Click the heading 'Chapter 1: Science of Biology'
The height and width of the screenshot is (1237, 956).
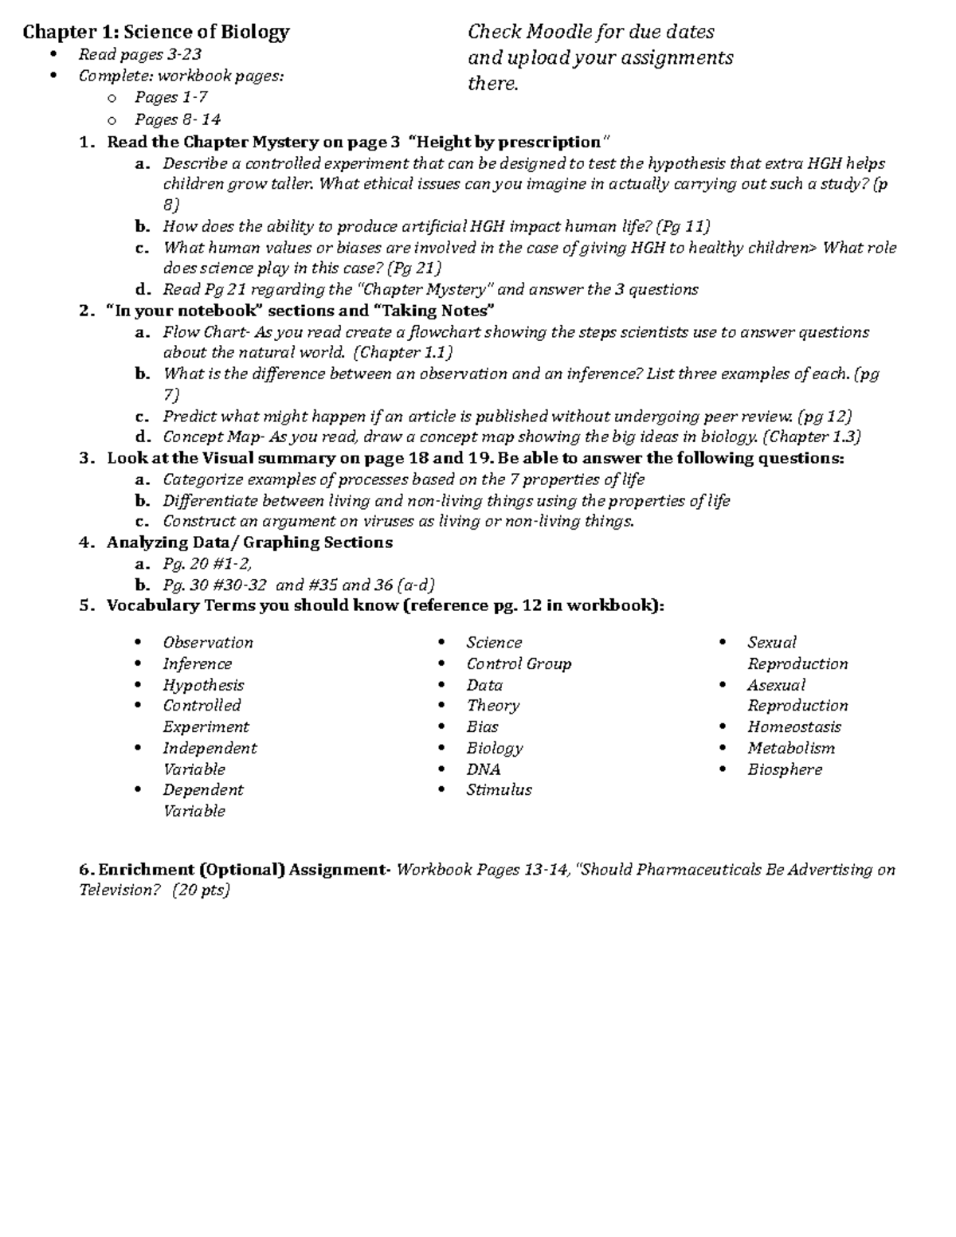pos(156,32)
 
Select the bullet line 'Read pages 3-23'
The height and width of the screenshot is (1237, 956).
pos(139,54)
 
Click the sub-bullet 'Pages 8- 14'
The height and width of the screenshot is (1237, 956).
pos(177,119)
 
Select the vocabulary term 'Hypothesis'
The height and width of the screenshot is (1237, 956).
pos(203,685)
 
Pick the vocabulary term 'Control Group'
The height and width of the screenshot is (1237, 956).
pos(519,664)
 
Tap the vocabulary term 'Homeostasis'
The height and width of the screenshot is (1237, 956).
pos(793,726)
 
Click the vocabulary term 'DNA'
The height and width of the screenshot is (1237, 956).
pos(484,769)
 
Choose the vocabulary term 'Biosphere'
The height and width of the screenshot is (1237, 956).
pos(784,769)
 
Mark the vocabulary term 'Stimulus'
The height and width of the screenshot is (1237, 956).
pos(499,790)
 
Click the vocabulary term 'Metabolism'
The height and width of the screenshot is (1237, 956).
pos(790,748)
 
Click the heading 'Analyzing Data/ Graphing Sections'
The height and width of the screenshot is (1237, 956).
pos(249,542)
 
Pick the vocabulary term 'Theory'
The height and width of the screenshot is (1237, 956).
pos(492,706)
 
